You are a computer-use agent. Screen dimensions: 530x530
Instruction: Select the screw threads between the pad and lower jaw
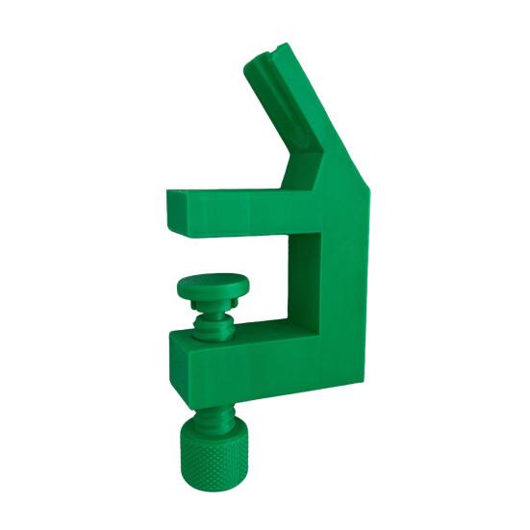click(214, 321)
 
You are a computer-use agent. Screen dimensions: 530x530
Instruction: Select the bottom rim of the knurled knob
click(211, 489)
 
